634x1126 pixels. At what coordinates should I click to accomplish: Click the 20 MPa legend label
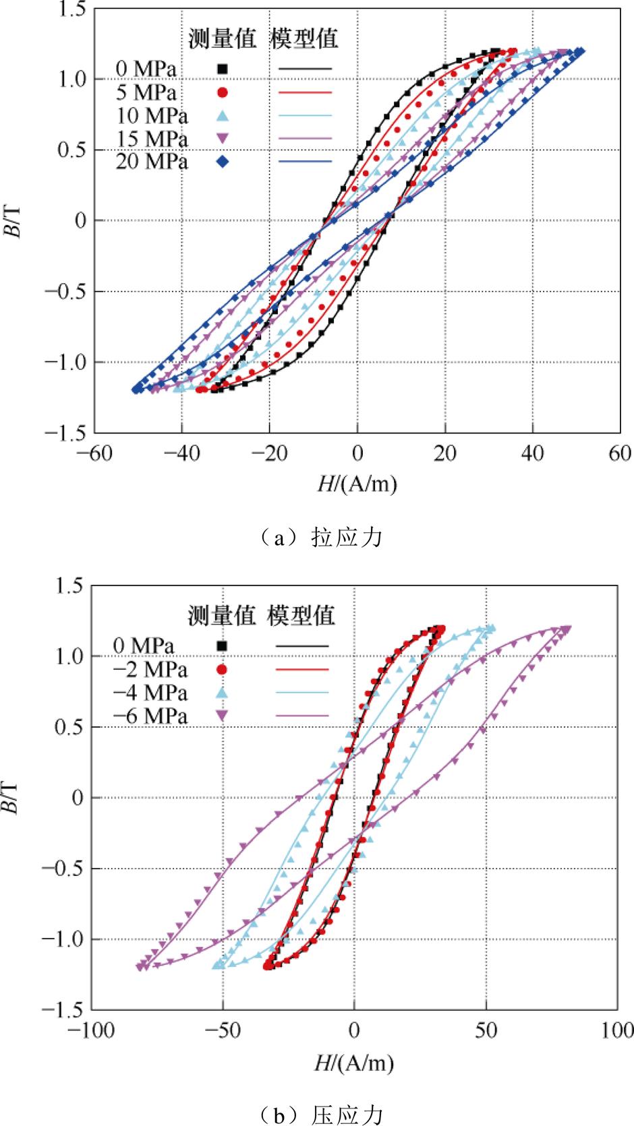(151, 162)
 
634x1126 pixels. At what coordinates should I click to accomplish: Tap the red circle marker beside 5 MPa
(222, 92)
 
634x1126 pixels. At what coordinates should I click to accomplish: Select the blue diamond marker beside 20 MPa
(222, 162)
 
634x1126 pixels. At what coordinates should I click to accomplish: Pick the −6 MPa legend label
(150, 716)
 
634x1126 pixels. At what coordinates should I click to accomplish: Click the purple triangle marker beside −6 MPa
(221, 716)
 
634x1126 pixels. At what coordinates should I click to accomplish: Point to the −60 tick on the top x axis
(94, 453)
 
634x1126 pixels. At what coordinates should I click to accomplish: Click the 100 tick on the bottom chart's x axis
(615, 1030)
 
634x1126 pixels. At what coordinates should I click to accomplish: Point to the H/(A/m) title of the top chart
(357, 483)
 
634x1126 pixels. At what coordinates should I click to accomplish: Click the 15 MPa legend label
(151, 139)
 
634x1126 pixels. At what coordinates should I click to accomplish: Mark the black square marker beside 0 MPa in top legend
(222, 69)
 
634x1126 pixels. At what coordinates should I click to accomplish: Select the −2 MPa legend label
(150, 669)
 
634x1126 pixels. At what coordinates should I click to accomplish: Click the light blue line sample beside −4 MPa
(303, 692)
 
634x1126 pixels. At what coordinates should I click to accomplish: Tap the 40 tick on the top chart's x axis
(532, 453)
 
